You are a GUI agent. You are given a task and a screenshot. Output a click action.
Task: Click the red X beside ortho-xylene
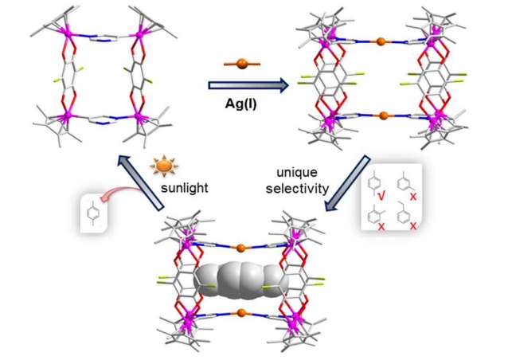point(381,228)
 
